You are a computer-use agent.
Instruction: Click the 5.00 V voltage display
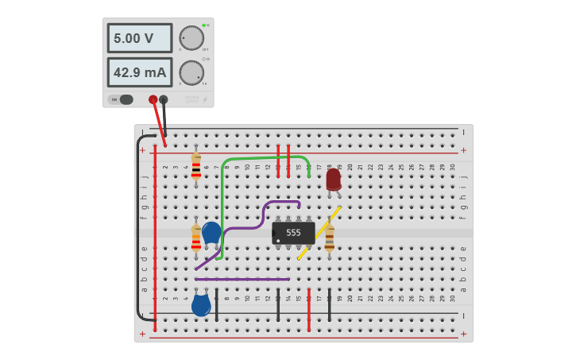click(x=140, y=38)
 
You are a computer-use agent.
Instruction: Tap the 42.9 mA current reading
click(x=140, y=72)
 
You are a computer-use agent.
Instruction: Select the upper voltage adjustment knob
click(x=191, y=37)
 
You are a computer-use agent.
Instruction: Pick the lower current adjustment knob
click(x=191, y=72)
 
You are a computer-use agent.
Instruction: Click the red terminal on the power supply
click(x=153, y=99)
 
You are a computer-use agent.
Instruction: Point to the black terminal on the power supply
click(x=164, y=99)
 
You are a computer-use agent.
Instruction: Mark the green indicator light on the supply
click(x=204, y=25)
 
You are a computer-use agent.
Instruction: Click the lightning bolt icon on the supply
click(x=205, y=99)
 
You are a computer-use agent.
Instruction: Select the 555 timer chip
click(x=293, y=233)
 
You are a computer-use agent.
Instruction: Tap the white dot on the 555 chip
click(x=278, y=240)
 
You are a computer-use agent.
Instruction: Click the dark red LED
click(x=333, y=179)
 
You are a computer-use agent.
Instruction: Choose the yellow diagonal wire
click(x=319, y=233)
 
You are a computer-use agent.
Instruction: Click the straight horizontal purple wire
click(x=242, y=279)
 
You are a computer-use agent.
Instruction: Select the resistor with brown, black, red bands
click(x=196, y=167)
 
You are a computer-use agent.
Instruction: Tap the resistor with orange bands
click(x=196, y=238)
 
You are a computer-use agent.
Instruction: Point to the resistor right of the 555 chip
click(x=329, y=238)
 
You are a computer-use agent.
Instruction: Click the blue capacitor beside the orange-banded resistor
click(x=211, y=232)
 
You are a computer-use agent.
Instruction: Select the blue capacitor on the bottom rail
click(x=201, y=304)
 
